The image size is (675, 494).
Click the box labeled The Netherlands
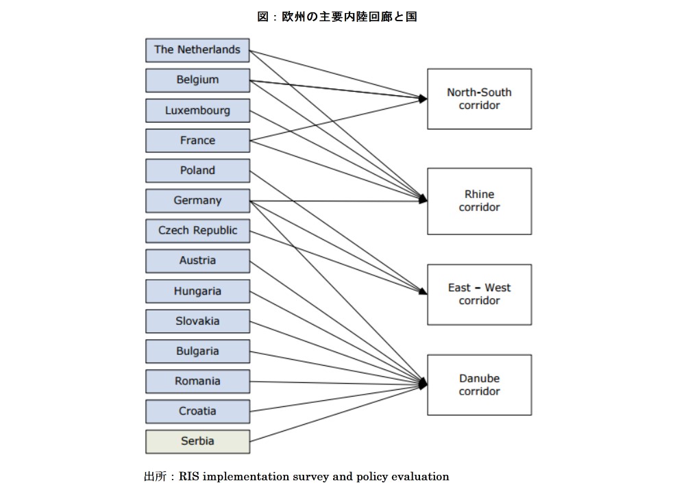(197, 50)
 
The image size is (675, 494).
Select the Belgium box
(197, 80)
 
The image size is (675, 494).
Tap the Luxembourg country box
(197, 110)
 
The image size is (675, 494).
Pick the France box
(197, 140)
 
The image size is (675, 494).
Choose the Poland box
(197, 171)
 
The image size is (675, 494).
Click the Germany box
(197, 201)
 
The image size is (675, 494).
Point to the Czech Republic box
(197, 231)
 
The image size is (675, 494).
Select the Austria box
(197, 261)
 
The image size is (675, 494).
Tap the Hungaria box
(197, 291)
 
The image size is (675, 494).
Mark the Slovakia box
(197, 321)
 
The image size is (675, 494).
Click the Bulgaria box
(197, 351)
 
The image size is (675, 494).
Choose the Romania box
(197, 382)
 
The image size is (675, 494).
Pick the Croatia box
(197, 412)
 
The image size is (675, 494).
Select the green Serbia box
(197, 442)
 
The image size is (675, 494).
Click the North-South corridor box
(479, 99)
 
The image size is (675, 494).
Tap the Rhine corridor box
(479, 201)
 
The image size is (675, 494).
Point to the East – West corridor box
(479, 294)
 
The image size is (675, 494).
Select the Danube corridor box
(479, 384)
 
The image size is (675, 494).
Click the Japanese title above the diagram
(336, 17)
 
